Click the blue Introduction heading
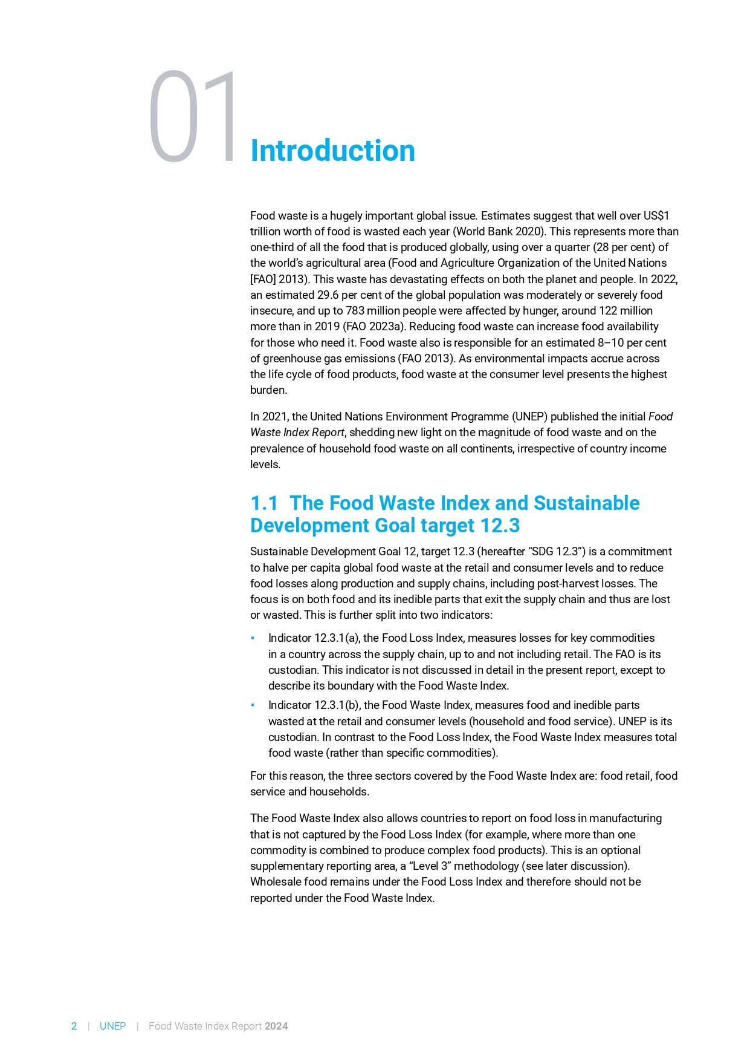click(332, 151)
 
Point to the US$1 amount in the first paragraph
click(656, 216)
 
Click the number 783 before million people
click(355, 311)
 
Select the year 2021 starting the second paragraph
click(275, 417)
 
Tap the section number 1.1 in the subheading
click(264, 503)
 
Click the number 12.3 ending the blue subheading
click(499, 526)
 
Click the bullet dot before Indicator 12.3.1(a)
click(253, 638)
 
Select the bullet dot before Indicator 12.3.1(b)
click(253, 705)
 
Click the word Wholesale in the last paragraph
click(275, 882)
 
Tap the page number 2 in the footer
click(74, 1026)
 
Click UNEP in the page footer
click(112, 1026)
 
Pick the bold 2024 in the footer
click(276, 1026)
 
